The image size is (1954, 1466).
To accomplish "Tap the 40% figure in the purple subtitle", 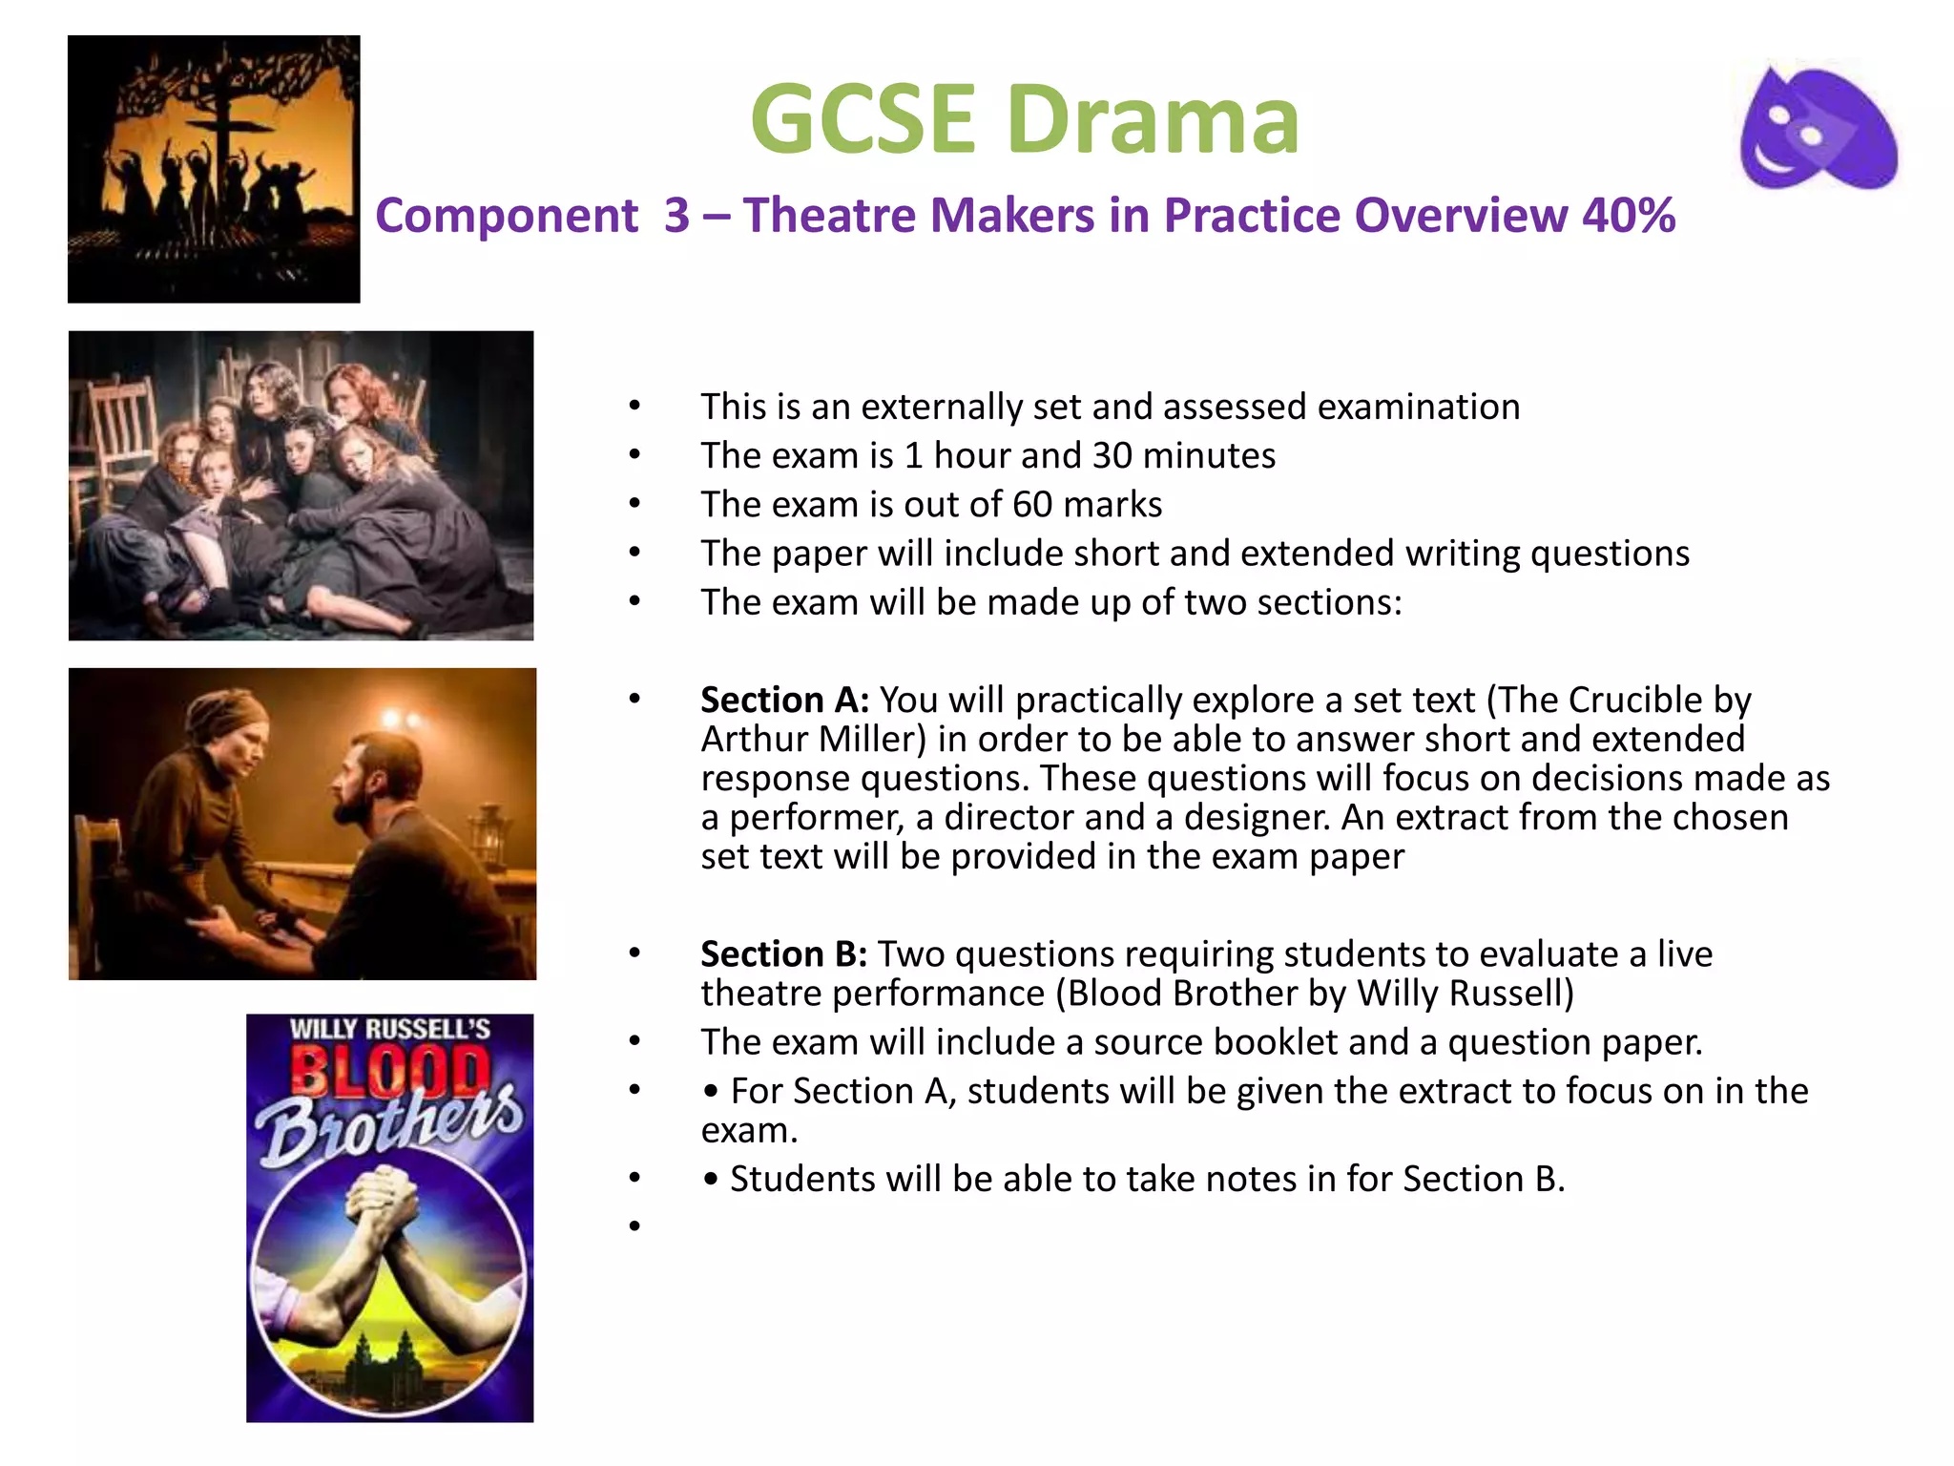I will [1628, 216].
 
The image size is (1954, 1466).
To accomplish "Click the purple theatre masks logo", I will [1819, 129].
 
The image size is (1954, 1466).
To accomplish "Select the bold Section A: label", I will [784, 701].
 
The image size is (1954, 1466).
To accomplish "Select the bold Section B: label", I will [783, 954].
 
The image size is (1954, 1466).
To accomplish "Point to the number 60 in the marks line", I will [1031, 505].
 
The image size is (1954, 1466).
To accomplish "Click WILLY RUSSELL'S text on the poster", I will [389, 1029].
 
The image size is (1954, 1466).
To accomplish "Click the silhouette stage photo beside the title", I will [214, 169].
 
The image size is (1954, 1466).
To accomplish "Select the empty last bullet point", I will [634, 1225].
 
